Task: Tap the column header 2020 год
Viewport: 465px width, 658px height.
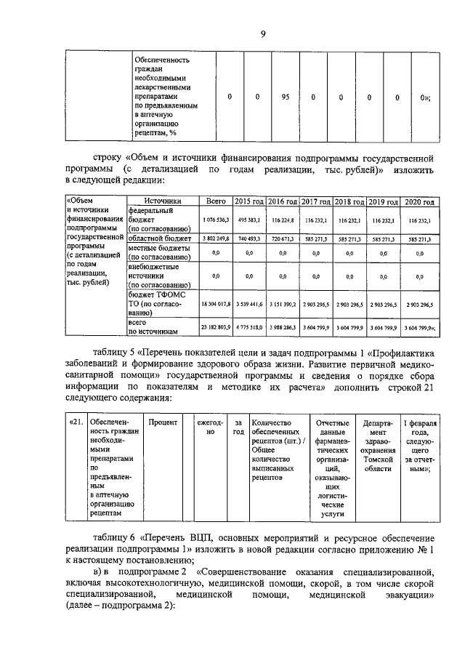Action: [419, 201]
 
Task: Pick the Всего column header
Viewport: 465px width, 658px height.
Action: [217, 201]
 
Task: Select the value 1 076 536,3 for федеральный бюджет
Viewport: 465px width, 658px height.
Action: [216, 220]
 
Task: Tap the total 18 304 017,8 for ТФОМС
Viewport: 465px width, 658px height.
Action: [215, 307]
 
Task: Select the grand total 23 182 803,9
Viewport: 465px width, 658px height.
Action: [215, 329]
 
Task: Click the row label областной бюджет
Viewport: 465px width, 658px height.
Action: [159, 238]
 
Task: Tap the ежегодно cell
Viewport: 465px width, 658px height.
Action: [210, 428]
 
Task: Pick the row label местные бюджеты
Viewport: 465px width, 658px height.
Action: [158, 252]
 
